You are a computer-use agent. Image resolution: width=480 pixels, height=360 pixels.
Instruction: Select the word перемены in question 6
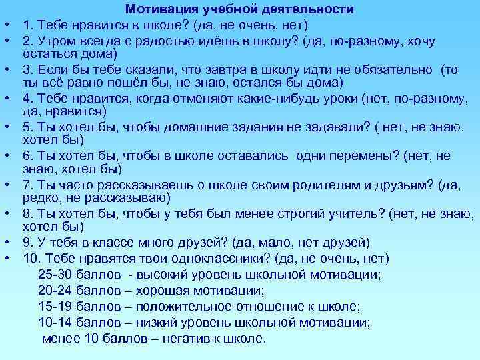pos(361,156)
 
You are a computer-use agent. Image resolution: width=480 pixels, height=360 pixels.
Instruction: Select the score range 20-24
pos(57,289)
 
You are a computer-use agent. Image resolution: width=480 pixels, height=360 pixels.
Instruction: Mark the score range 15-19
pos(57,306)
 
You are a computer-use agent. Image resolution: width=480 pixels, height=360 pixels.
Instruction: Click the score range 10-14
pos(57,322)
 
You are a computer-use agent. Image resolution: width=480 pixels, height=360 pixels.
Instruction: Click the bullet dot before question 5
pos(5,127)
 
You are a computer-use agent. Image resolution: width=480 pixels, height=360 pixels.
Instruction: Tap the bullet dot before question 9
pos(5,242)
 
